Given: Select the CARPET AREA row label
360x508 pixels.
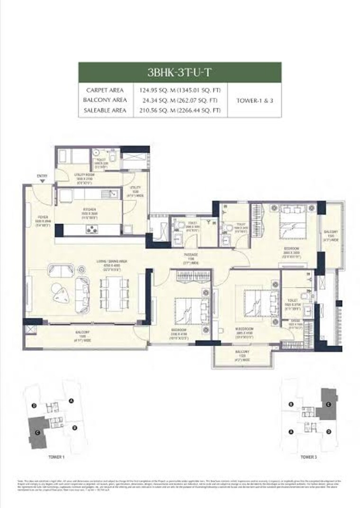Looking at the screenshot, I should (105, 89).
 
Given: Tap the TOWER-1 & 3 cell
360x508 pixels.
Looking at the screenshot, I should (254, 100).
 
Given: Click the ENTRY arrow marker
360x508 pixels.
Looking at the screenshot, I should (43, 180).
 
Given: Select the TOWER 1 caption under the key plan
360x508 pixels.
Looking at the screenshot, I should (56, 457).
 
